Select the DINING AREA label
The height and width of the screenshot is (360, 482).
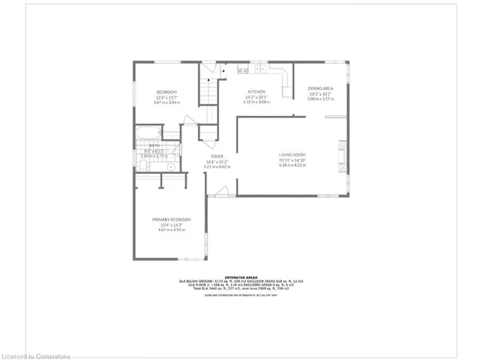320,88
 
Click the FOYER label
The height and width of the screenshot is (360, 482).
218,155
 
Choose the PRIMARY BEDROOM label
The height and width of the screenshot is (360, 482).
172,219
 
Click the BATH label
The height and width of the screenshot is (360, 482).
144,147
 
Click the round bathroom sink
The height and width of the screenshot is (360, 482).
171,166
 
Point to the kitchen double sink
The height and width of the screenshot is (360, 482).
243,70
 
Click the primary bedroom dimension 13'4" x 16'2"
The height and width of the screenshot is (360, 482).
172,224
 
